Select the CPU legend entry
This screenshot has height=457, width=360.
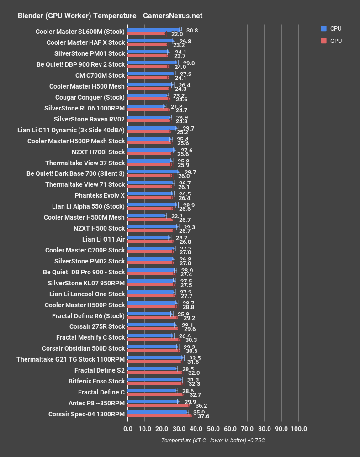tap(331, 28)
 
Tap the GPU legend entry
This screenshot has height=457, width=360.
tap(331, 41)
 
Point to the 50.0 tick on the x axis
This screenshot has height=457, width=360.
tap(213, 429)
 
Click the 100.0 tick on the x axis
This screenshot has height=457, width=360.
tap(299, 429)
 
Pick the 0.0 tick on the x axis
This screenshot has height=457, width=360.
tap(128, 429)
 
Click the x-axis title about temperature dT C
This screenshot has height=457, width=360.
tap(213, 441)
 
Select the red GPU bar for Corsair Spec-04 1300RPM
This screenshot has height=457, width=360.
tap(160, 416)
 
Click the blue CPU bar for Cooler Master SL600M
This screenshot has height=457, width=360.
tap(154, 30)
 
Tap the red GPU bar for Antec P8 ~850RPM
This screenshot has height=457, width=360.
tap(159, 405)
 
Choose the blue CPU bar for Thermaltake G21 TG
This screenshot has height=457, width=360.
tap(155, 358)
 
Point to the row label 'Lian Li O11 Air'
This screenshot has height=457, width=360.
tap(103, 239)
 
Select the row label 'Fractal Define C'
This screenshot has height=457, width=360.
tap(101, 392)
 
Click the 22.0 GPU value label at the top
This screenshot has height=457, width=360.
tap(177, 34)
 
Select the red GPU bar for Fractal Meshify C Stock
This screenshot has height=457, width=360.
tap(154, 339)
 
